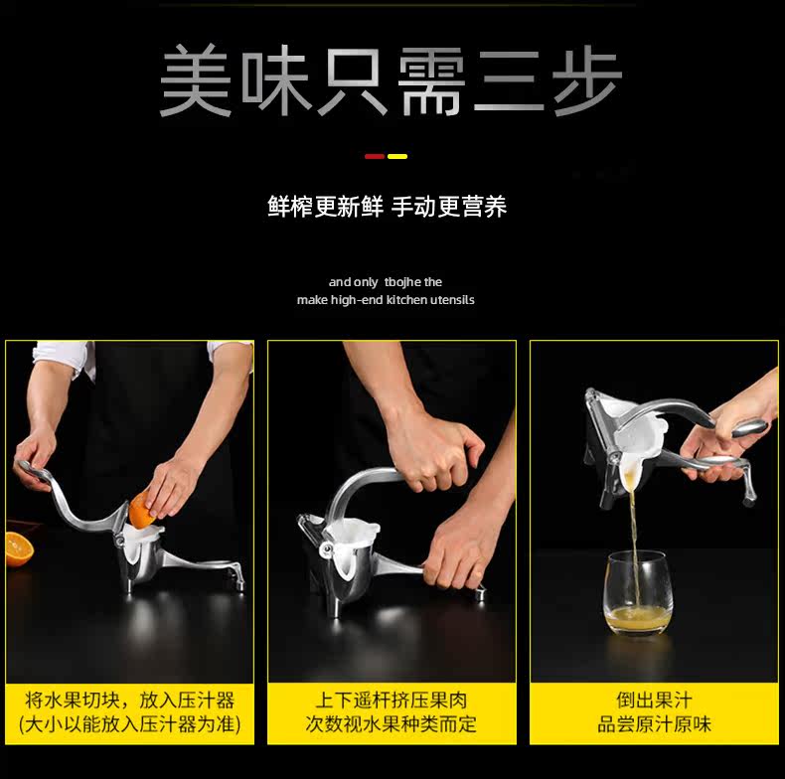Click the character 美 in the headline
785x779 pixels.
(196, 80)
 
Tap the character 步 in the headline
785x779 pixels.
(587, 80)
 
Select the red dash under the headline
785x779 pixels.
(375, 157)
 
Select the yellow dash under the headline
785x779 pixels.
(397, 157)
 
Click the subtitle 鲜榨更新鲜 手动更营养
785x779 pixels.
(387, 207)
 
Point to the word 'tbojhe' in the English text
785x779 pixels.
(402, 282)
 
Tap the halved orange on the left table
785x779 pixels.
(19, 549)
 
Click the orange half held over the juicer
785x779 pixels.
(142, 510)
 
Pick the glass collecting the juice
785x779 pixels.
(637, 594)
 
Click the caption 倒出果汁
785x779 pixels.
(655, 700)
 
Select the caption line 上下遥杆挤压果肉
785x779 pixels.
(392, 700)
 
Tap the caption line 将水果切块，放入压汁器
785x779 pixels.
(129, 700)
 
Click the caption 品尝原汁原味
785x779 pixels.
(655, 724)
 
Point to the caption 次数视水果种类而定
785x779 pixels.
(392, 724)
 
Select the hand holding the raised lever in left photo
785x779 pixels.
(35, 457)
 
